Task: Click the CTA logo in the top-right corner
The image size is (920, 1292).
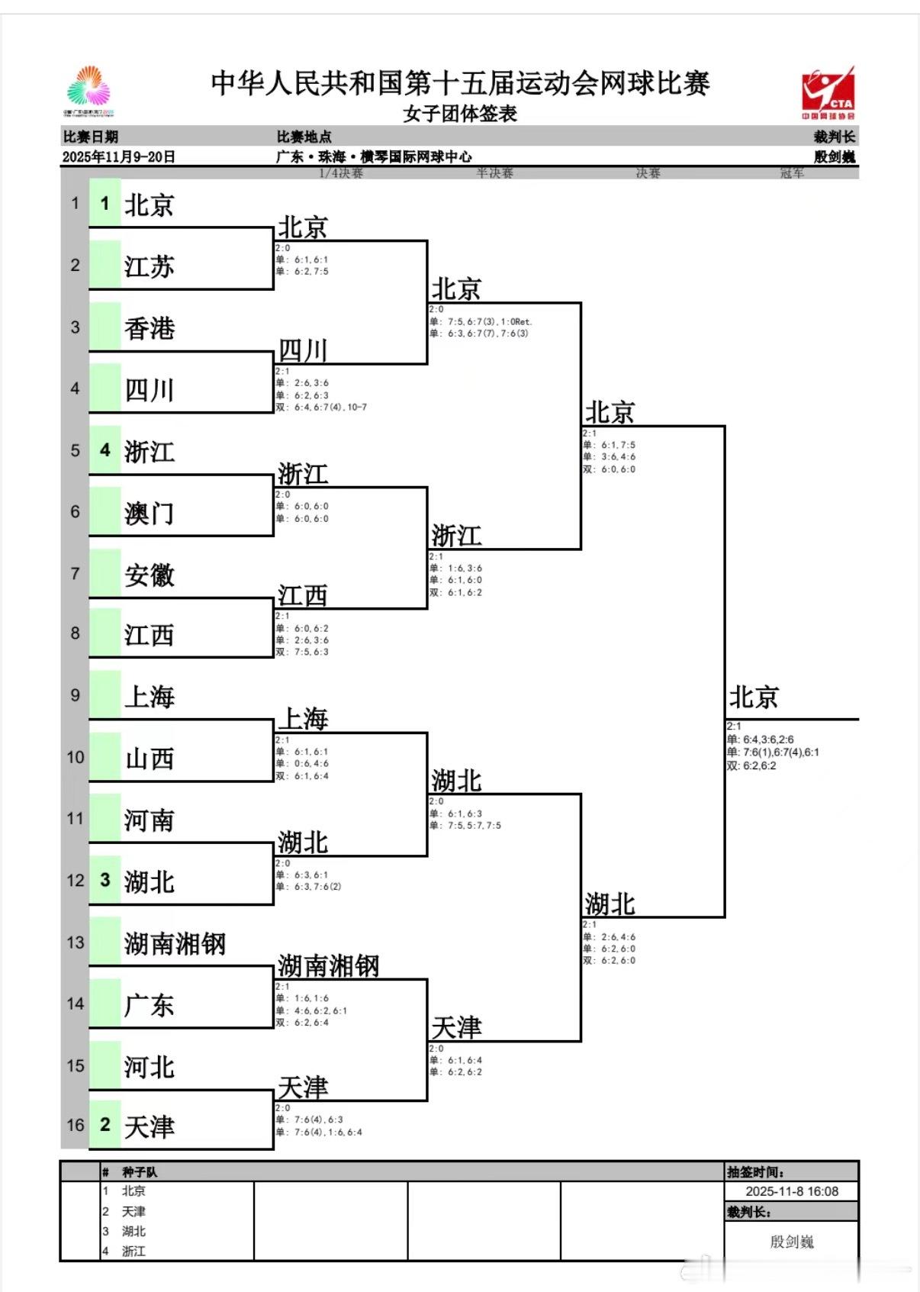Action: [828, 92]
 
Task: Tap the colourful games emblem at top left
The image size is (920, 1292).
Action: [89, 91]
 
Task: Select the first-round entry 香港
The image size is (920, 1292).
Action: [150, 329]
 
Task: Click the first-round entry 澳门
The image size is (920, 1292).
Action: [150, 514]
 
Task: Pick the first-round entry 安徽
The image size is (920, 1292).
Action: [150, 575]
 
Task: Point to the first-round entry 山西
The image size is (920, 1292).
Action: [150, 759]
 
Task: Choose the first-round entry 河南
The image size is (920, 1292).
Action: [150, 820]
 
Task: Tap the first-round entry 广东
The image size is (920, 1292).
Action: [150, 1005]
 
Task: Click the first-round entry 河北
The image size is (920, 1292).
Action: [150, 1067]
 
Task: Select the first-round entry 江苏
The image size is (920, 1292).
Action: [150, 267]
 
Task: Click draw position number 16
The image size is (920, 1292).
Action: [75, 1125]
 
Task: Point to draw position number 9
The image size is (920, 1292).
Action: [75, 695]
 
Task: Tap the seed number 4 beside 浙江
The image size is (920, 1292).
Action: [105, 450]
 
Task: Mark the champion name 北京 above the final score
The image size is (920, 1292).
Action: [754, 698]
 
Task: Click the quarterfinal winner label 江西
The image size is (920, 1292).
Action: [303, 595]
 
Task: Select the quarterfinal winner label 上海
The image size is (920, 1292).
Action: [303, 719]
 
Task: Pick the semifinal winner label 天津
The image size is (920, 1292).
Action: [456, 1027]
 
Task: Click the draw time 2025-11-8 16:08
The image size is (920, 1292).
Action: [792, 1191]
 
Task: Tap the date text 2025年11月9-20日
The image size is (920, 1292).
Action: [119, 156]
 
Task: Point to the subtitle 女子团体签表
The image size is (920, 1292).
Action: [460, 114]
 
